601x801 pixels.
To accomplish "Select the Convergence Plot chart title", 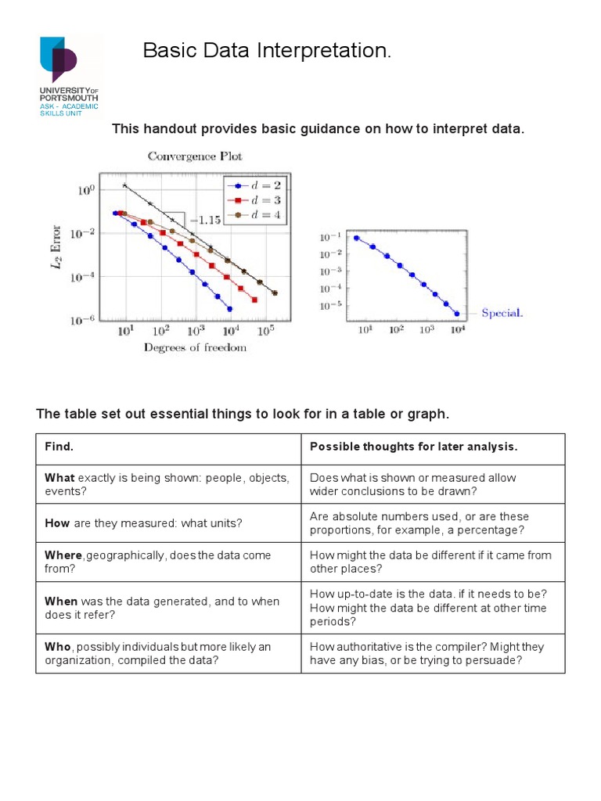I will [x=195, y=156].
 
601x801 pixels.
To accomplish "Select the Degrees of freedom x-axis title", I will [x=195, y=347].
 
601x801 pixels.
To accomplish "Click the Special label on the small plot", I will [x=502, y=313].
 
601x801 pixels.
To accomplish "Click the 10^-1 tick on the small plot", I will [x=332, y=237].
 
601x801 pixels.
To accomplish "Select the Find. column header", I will [x=59, y=447].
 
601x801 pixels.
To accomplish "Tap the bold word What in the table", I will [x=59, y=478].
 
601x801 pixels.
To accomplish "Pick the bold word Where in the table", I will [x=63, y=555].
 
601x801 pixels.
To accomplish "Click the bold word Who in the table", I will [x=58, y=647].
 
